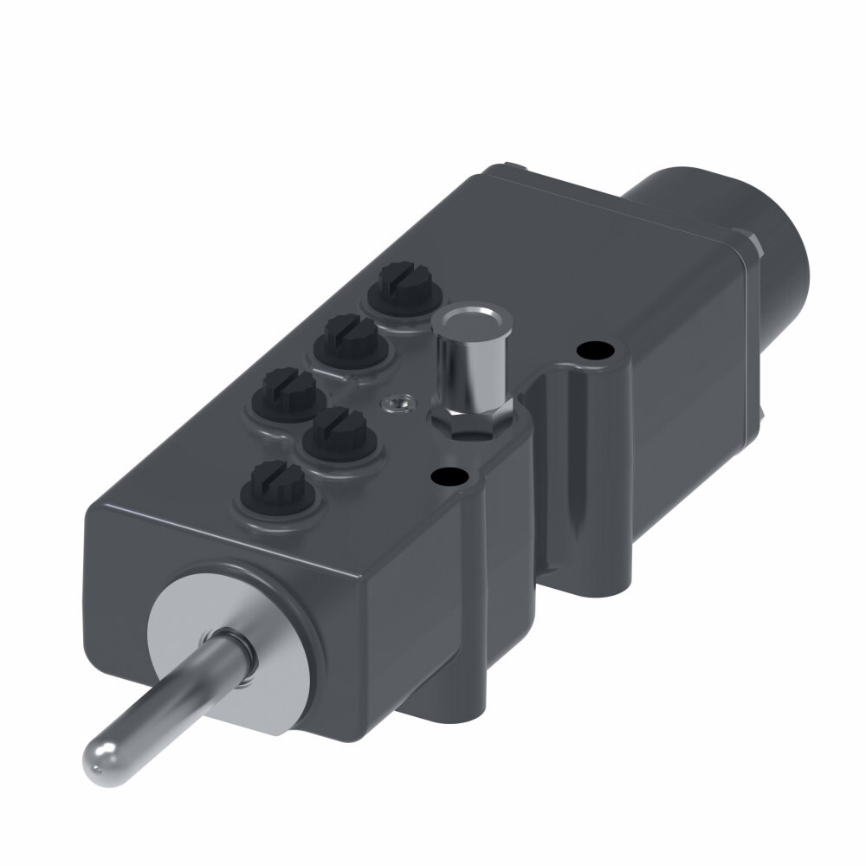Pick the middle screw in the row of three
pos(348,339)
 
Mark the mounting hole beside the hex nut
pos(449,475)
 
